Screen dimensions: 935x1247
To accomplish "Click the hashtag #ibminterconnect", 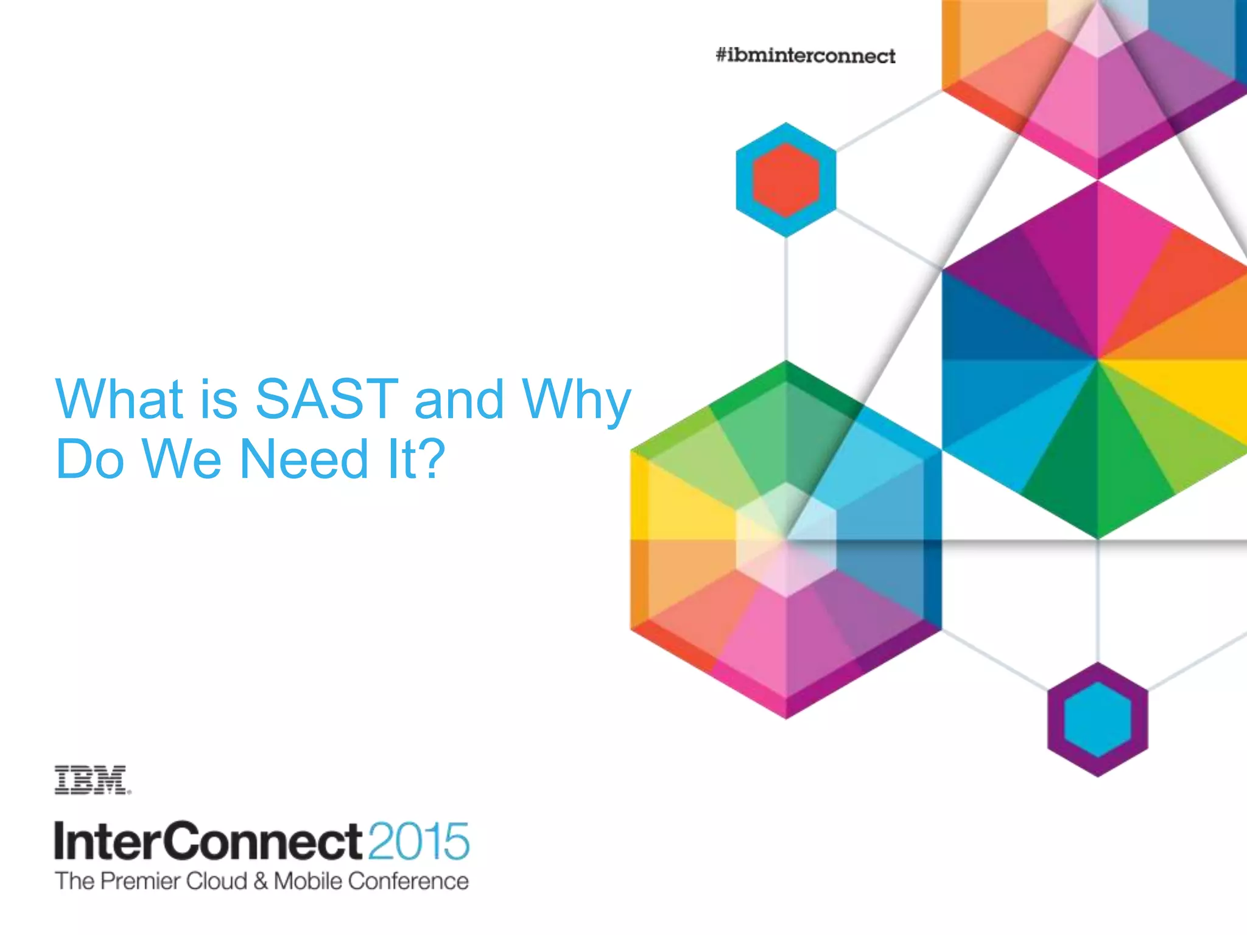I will (805, 56).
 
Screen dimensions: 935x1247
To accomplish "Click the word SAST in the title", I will (326, 399).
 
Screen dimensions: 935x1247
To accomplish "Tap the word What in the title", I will (119, 399).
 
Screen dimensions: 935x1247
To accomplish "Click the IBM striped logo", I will (91, 780).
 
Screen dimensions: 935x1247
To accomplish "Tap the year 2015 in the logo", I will (418, 842).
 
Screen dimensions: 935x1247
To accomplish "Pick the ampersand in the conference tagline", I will (261, 881).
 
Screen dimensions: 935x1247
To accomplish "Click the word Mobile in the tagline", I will (307, 881).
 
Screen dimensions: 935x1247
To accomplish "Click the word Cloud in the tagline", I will (217, 881).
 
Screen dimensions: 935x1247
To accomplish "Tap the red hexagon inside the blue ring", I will (785, 180).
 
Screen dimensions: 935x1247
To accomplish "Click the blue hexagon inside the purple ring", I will (1097, 720).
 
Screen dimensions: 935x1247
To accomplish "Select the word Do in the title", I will (90, 459).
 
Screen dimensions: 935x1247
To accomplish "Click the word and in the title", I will (459, 399).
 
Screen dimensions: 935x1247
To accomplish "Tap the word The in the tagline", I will (74, 881).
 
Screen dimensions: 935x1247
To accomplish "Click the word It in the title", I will (398, 459).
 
